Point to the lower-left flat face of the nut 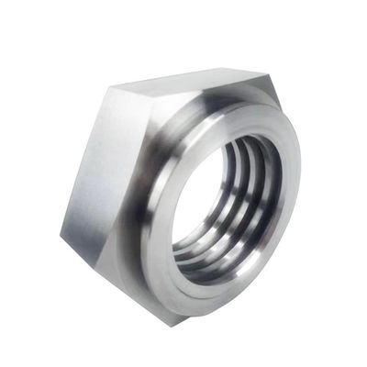click(101, 266)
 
